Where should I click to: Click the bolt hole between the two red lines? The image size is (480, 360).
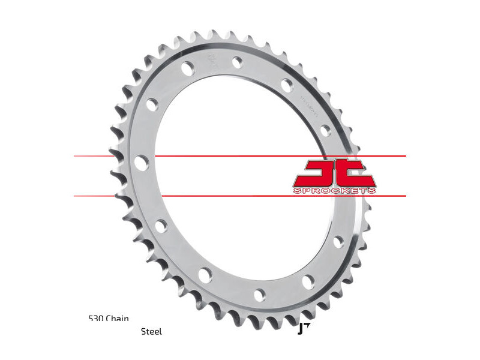142,163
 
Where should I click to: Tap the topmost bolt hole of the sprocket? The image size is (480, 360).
238,61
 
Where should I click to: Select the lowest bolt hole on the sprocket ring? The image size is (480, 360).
260,295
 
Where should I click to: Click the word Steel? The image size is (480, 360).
151,331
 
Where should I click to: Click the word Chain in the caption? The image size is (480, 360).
118,319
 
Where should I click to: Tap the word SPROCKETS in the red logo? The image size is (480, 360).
335,190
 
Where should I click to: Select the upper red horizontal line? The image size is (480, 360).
240,156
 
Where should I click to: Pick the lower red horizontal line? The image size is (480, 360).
240,196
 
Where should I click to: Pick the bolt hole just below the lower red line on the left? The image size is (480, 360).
161,226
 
